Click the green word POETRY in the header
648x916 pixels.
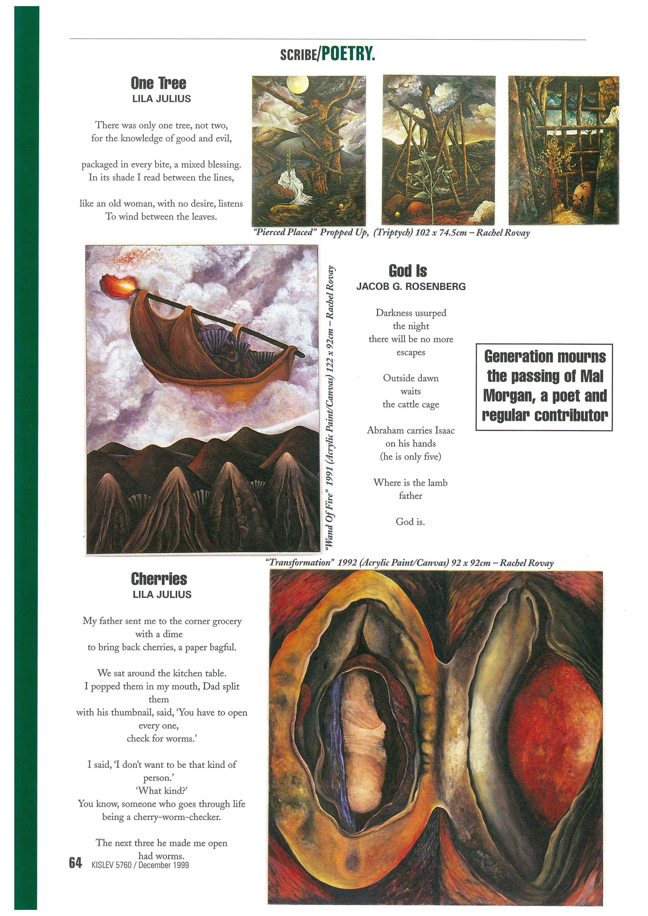tap(348, 53)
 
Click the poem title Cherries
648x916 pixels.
tap(159, 579)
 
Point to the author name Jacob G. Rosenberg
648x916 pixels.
tap(411, 287)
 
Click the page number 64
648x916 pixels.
tap(75, 863)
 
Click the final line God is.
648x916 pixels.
tap(410, 521)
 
